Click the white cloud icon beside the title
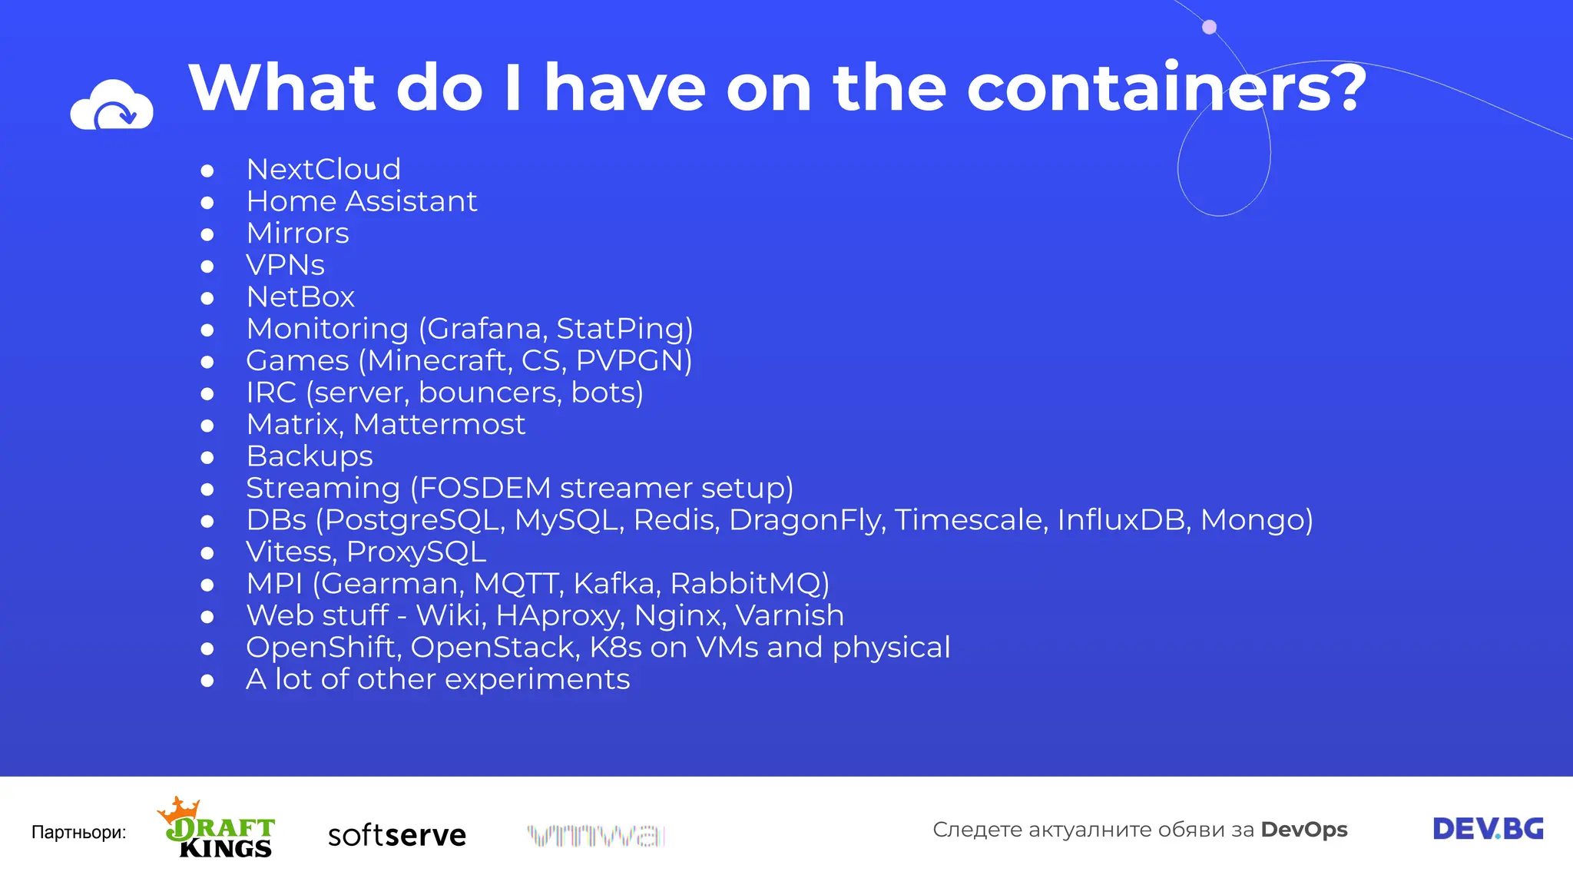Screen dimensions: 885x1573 tap(112, 105)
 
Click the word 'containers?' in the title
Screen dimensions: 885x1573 tap(1167, 88)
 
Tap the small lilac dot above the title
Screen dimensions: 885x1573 tap(1209, 28)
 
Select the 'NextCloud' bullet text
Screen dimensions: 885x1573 tap(323, 170)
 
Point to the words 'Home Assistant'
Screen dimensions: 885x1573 tap(362, 201)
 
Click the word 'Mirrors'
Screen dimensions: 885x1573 tap(297, 234)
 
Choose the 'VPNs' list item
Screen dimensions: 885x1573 tap(285, 265)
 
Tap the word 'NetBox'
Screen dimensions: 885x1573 tap(300, 297)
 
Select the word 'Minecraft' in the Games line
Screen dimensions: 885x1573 tap(439, 361)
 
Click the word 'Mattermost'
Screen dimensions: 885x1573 tap(439, 425)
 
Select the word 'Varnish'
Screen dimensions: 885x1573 tap(790, 615)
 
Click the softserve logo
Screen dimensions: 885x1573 tap(396, 834)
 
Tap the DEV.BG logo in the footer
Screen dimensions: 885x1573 tap(1488, 829)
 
